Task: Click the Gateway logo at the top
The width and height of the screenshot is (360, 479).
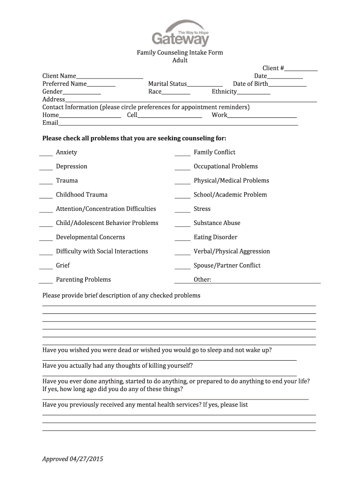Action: point(180,33)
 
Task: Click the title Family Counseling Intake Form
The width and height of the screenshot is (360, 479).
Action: point(180,53)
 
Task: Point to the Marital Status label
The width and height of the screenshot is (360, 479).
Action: point(167,84)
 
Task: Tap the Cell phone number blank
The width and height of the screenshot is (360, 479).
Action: point(170,116)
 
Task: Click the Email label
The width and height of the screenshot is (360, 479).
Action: point(50,123)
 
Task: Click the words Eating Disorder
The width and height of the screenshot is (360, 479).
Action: point(216,237)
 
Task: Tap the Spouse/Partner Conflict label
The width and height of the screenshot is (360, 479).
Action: point(227,265)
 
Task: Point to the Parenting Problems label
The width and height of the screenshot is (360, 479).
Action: point(83,279)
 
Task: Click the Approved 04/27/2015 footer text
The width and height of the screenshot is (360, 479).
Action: point(72,459)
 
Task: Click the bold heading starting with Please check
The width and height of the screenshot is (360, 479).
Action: point(134,138)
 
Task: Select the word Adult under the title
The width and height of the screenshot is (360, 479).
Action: point(180,60)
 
